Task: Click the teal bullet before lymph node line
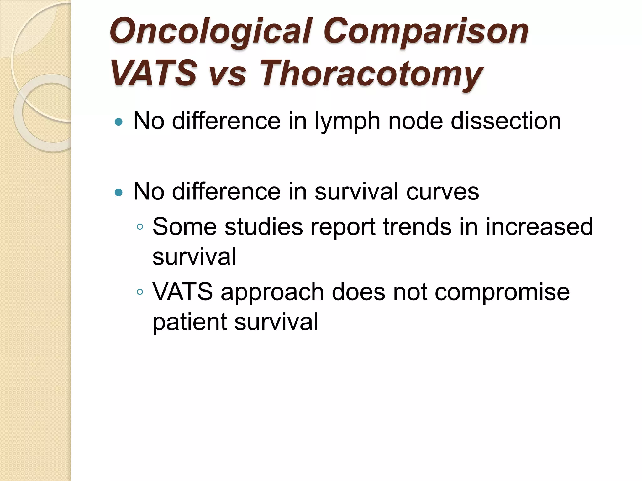(118, 122)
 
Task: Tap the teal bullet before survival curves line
(118, 192)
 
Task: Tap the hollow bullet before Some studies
(140, 227)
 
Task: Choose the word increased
(539, 226)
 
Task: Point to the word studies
(264, 226)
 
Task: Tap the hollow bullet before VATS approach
(140, 292)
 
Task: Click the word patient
(189, 322)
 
